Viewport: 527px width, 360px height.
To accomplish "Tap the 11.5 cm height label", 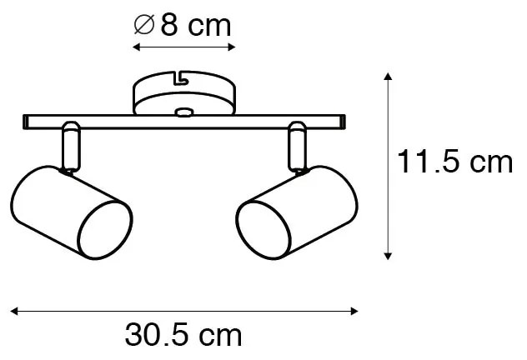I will (x=454, y=162).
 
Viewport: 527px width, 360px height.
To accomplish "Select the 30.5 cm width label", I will (x=183, y=336).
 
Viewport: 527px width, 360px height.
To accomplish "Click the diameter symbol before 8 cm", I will (x=143, y=27).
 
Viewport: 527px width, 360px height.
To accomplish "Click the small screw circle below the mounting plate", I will (x=183, y=111).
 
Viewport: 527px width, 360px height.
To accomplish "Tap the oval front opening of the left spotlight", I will (x=106, y=224).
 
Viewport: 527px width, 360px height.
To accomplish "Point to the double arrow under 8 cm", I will (x=183, y=48).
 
